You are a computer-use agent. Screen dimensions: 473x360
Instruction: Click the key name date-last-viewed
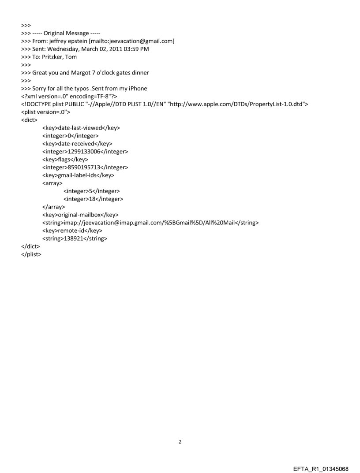[81, 128]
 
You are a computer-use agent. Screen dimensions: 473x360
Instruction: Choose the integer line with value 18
[93, 199]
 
